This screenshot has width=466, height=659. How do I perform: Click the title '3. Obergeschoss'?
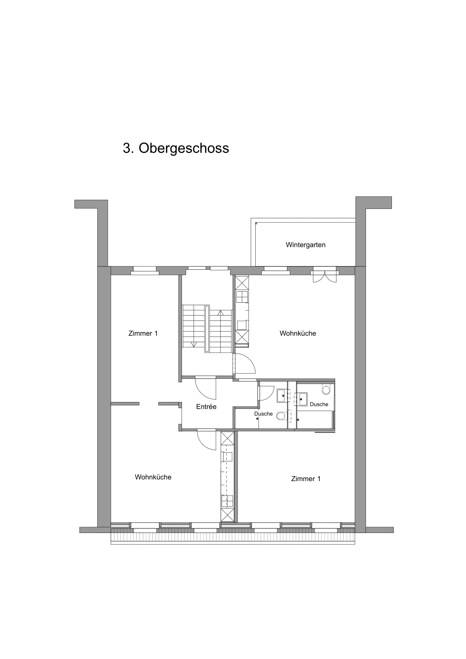pyautogui.click(x=176, y=148)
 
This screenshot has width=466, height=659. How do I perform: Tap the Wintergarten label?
pyautogui.click(x=305, y=245)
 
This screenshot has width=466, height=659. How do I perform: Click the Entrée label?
pyautogui.click(x=206, y=407)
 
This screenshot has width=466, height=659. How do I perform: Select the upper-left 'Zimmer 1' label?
pyautogui.click(x=143, y=333)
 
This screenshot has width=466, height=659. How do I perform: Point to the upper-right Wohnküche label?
pyautogui.click(x=298, y=333)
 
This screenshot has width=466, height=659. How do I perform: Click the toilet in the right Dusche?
pyautogui.click(x=326, y=390)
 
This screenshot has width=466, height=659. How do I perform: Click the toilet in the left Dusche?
pyautogui.click(x=281, y=416)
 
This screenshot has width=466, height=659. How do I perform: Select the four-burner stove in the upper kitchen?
pyautogui.click(x=242, y=297)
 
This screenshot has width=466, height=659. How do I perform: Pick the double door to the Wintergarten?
pyautogui.click(x=324, y=276)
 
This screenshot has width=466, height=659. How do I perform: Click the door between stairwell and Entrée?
pyautogui.click(x=205, y=388)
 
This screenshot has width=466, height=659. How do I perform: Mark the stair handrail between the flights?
pyautogui.click(x=207, y=329)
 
